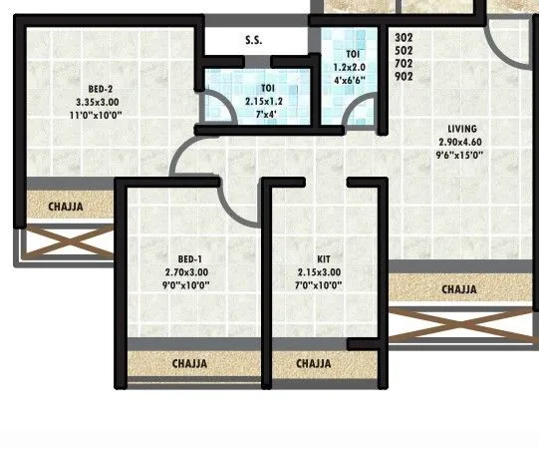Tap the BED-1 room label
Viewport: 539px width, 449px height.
(x=186, y=258)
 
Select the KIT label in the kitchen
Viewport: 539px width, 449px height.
(x=319, y=258)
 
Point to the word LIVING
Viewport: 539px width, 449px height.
(x=461, y=129)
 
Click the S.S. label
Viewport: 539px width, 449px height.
(x=253, y=41)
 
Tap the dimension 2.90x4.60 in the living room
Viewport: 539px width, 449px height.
(x=460, y=142)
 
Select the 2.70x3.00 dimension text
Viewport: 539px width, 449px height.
(x=186, y=271)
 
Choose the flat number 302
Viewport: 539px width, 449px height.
(x=404, y=39)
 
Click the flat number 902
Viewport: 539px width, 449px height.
(x=404, y=76)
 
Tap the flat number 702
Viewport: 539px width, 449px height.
(x=404, y=64)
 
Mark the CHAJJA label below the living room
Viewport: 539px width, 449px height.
(x=459, y=289)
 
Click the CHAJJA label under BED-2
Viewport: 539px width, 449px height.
(x=66, y=207)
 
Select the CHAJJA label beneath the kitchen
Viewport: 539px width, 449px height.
(x=314, y=364)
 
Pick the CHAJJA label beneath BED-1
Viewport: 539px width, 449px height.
(x=189, y=364)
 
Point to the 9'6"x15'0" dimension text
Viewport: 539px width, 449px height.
(x=460, y=155)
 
